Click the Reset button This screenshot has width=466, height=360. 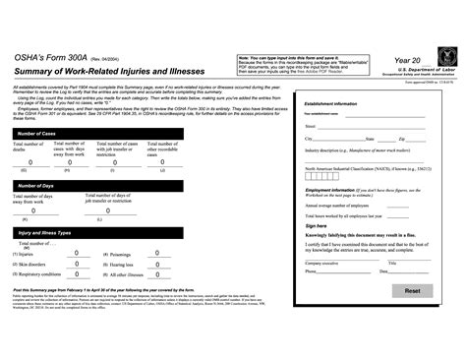411,292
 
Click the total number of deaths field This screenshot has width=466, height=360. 29,162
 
